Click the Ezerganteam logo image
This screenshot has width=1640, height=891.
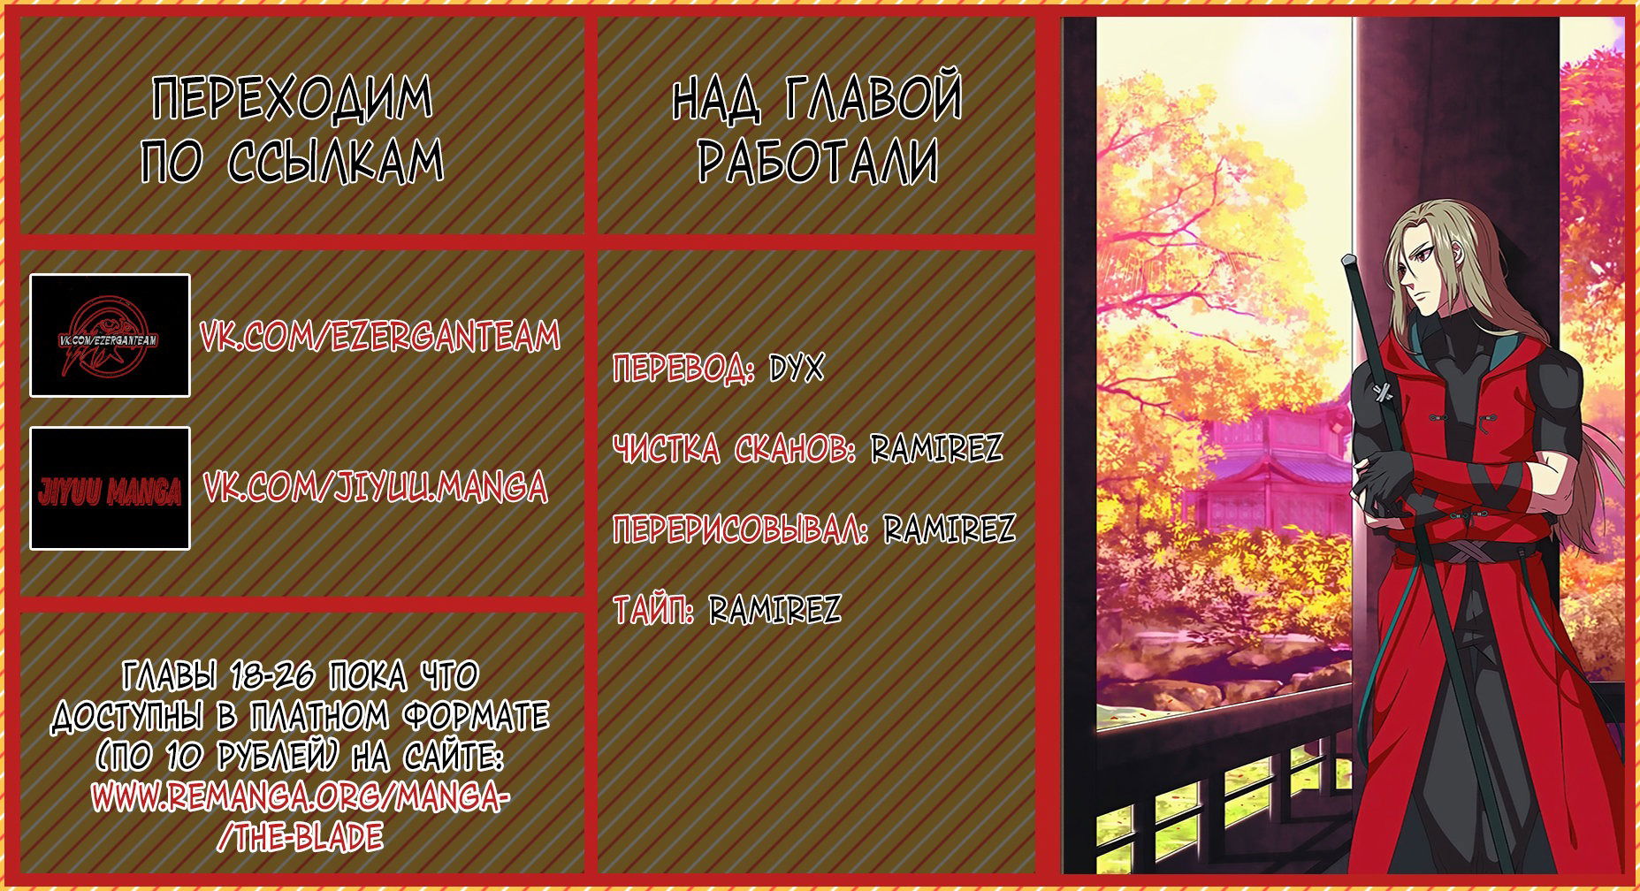click(x=110, y=335)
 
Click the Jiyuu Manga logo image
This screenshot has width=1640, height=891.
click(x=110, y=488)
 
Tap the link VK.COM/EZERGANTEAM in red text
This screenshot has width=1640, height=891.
click(x=380, y=337)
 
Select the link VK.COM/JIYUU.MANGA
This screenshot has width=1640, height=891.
click(x=376, y=488)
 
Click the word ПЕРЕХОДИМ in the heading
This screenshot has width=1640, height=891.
click(x=293, y=98)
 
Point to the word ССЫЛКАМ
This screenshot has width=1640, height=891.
click(x=336, y=162)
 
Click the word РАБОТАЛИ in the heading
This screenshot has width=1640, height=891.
click(x=818, y=162)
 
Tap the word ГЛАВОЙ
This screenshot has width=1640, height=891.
click(x=873, y=98)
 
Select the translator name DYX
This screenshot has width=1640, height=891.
click(x=796, y=369)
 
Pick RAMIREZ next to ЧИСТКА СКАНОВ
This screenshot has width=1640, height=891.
click(x=937, y=448)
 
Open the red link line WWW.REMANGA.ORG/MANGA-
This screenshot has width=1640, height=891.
click(x=300, y=797)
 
